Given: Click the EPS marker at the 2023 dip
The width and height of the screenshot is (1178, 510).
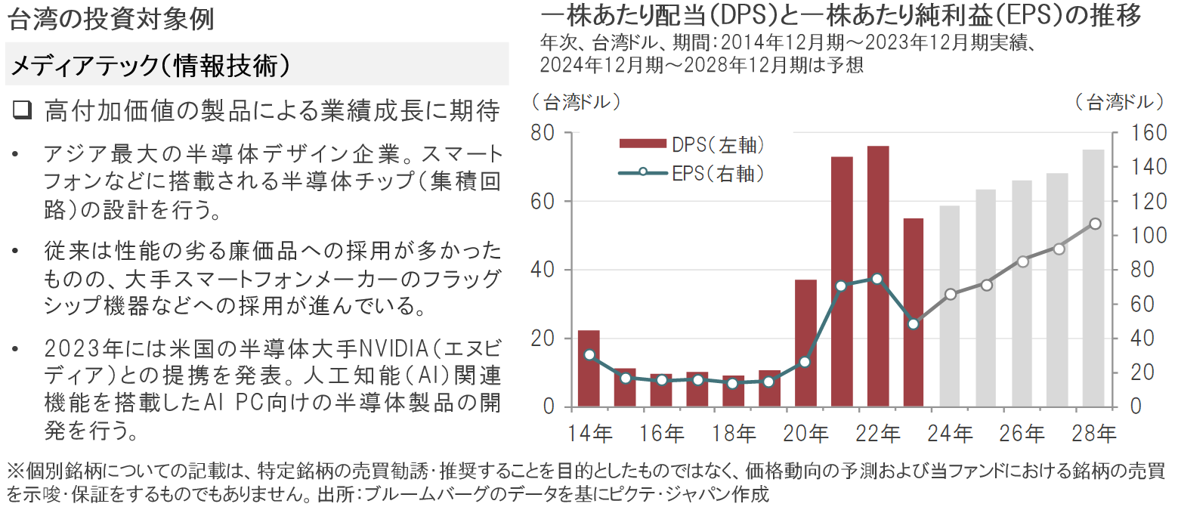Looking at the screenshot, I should [x=914, y=323].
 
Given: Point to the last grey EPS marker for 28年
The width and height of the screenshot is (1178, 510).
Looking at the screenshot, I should [x=1095, y=224].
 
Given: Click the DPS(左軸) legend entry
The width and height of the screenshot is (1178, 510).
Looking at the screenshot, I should [x=691, y=144].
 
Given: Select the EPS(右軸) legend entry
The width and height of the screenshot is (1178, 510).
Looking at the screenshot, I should [x=691, y=173].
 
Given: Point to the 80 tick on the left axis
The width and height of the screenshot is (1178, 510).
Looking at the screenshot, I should [x=544, y=133].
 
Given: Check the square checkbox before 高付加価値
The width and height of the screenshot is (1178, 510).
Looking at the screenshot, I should [x=23, y=111].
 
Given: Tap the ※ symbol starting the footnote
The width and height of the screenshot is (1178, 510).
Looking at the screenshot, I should [x=15, y=471].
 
